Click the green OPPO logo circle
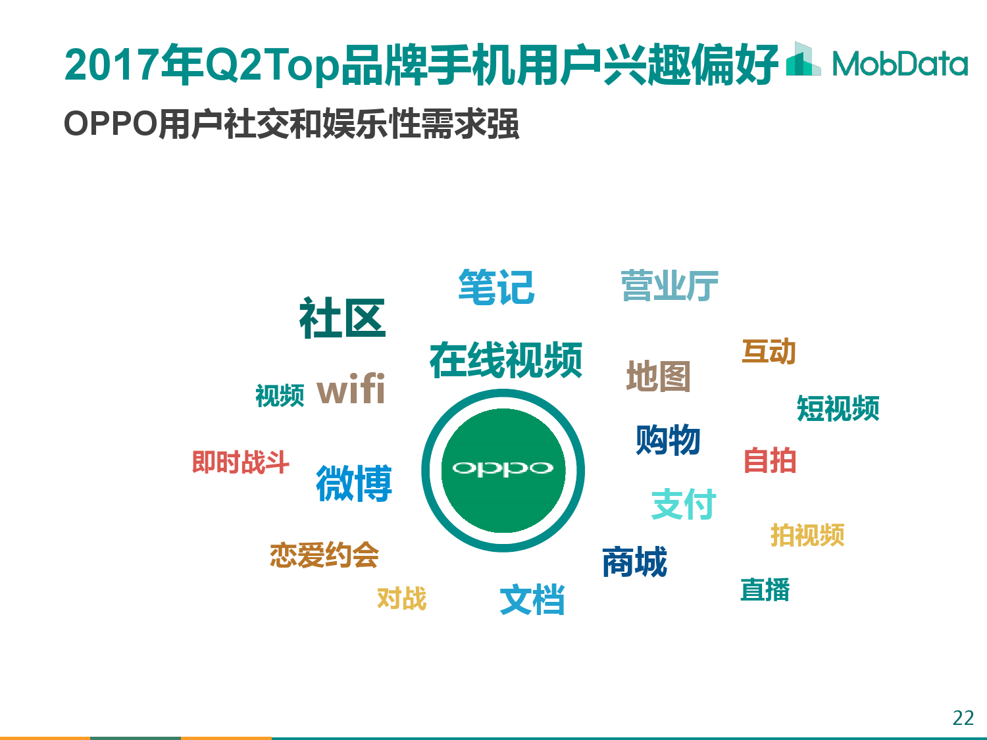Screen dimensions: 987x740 pos(503,470)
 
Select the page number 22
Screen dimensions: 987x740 pos(963,718)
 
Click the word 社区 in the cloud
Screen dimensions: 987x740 pos(342,318)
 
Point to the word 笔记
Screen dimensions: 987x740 pos(496,287)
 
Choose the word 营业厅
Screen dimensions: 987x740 pos(670,285)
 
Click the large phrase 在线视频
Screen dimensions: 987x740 pos(506,359)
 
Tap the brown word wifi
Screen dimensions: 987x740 pos(351,389)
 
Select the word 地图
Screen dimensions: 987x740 pos(658,376)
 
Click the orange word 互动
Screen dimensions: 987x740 pos(769,351)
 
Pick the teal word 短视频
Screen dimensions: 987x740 pos(838,408)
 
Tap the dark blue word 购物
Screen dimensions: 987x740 pos(668,439)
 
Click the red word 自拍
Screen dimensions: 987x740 pos(770,460)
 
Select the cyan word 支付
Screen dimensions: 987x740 pos(684,504)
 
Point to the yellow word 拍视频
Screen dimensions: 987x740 pos(807,535)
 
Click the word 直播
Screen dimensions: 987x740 pos(765,589)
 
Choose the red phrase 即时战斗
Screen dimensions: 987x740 pos(241,462)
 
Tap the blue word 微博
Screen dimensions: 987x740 pos(354,483)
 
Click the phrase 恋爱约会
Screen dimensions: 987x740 pos(324,555)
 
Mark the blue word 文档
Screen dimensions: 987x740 pos(532,599)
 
